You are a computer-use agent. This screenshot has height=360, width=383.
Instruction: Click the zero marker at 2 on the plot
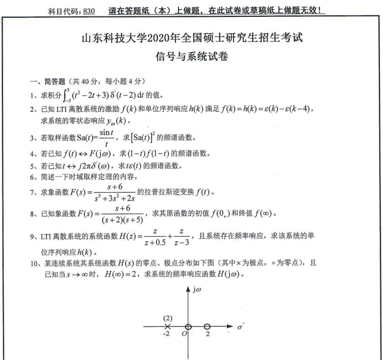pyautogui.click(x=206, y=326)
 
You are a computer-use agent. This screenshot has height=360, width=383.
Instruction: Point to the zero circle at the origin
pyautogui.click(x=188, y=326)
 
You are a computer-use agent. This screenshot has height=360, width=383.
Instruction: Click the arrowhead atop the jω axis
pyautogui.click(x=188, y=290)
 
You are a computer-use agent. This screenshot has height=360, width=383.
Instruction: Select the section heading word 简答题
pyautogui.click(x=49, y=81)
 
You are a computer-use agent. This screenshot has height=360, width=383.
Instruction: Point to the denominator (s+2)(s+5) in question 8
pyautogui.click(x=120, y=220)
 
